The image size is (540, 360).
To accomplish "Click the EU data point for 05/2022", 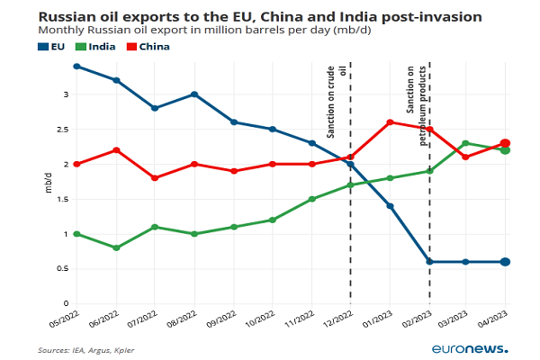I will tap(76, 66).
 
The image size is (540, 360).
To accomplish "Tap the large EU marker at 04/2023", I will tap(505, 262).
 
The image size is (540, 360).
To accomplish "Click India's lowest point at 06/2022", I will tap(116, 247).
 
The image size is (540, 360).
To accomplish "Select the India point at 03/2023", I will tap(466, 143).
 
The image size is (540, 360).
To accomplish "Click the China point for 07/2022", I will tap(155, 178).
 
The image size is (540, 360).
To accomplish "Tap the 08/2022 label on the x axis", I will tap(184, 320).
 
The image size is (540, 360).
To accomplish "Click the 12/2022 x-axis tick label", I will tap(340, 320).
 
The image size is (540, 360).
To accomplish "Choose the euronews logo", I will tap(469, 348).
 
